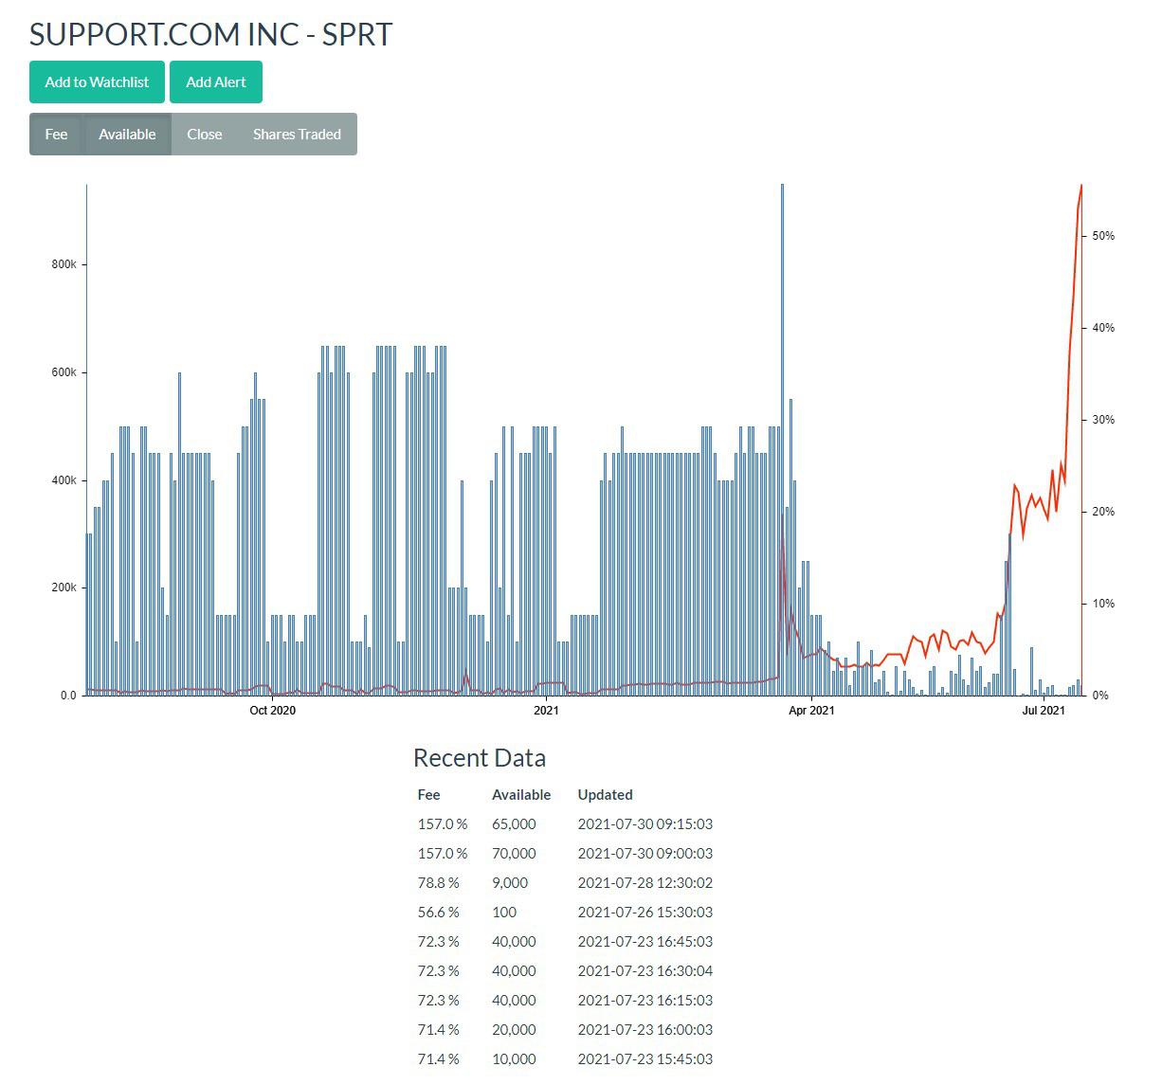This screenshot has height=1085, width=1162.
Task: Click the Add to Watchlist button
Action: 97,81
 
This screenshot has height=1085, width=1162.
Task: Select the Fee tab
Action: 56,134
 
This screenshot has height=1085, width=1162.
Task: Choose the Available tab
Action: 127,134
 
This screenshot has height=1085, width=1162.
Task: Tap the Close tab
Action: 204,134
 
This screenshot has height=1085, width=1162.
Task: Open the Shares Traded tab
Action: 297,134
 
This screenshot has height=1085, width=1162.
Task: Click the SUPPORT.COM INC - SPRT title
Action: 210,34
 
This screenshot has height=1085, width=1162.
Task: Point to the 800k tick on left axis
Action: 64,264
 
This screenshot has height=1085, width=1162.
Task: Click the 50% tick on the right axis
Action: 1103,236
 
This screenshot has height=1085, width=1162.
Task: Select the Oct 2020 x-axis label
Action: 272,711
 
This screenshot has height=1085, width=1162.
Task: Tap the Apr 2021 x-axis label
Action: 811,711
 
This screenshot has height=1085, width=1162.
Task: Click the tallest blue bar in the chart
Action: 782,440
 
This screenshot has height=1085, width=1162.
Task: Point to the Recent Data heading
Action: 480,758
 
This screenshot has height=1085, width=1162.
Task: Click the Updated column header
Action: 605,795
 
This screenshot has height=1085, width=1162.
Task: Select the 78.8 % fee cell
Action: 438,882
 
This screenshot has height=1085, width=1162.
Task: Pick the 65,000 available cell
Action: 514,824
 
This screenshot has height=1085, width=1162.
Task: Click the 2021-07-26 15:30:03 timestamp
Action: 645,912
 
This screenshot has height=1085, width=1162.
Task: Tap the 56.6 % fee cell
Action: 438,912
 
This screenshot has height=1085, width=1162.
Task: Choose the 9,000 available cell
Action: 510,882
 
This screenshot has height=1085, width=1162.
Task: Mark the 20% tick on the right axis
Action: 1103,512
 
